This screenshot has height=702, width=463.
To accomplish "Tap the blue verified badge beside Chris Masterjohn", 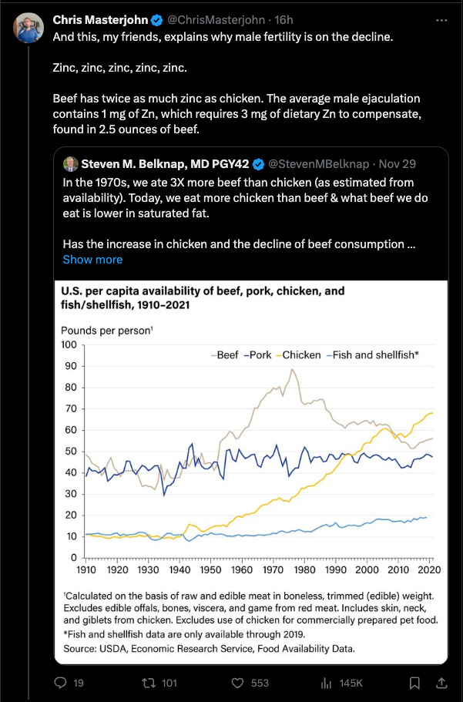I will [x=157, y=19].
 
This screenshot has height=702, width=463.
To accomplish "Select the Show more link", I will [x=92, y=260].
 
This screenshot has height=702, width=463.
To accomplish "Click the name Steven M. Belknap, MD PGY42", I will [x=166, y=163].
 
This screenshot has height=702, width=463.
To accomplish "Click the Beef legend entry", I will [x=225, y=354].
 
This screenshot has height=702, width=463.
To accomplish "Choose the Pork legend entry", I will [x=260, y=354].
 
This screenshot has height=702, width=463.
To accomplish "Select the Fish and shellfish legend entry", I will [x=373, y=354].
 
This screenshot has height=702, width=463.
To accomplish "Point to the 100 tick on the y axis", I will [x=70, y=344].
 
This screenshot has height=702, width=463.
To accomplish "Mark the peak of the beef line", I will [x=291, y=370].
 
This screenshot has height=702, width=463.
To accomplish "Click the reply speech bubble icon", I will [x=62, y=682].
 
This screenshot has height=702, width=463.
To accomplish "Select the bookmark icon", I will [x=414, y=682].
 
